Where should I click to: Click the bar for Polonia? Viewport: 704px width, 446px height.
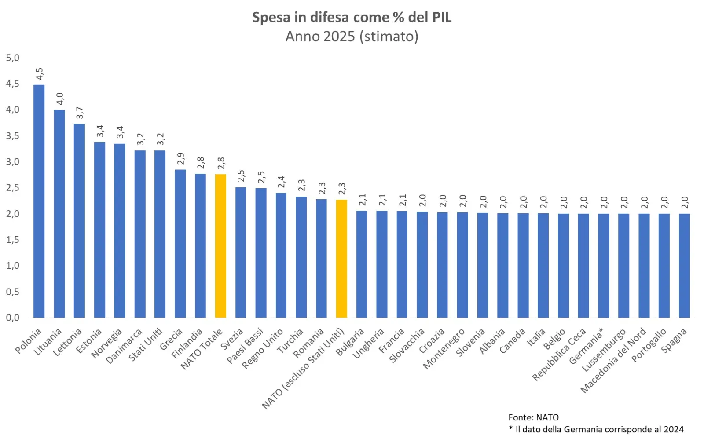point(39,201)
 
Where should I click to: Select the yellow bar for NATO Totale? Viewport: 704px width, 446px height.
point(220,246)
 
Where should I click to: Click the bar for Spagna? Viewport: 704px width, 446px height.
point(684,266)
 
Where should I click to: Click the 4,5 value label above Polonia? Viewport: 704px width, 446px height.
point(39,73)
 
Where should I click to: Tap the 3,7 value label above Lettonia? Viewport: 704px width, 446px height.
point(80,113)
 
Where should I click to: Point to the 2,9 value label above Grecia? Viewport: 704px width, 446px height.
point(180,159)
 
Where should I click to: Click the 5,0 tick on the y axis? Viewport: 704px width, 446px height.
point(13,58)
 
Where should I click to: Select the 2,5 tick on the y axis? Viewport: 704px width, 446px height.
point(13,188)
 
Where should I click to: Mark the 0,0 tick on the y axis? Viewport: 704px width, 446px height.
point(13,318)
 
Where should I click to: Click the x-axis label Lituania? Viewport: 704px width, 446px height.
point(48,342)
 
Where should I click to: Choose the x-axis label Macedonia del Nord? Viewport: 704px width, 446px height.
point(613,360)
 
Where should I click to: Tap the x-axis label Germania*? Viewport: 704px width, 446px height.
point(586,346)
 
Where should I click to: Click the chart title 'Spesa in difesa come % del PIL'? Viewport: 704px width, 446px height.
point(352,18)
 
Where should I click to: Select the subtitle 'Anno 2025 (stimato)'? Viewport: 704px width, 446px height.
point(352,36)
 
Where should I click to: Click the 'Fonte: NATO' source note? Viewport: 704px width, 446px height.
point(533,417)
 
